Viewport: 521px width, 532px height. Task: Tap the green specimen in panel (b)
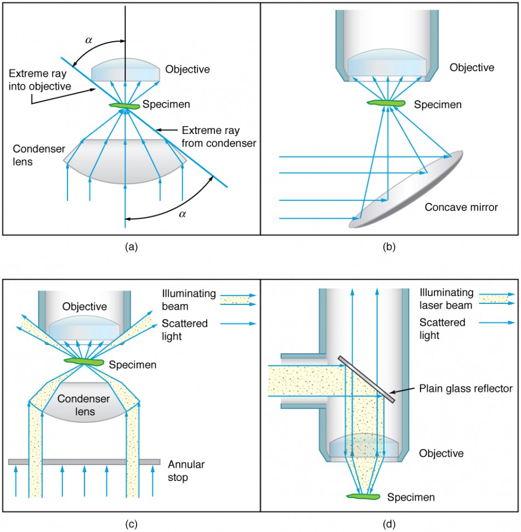[x=387, y=103]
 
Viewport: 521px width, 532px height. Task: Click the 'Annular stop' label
[x=186, y=471]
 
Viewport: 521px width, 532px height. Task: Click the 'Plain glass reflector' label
[x=466, y=388]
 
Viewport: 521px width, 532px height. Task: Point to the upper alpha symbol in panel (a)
[x=89, y=39]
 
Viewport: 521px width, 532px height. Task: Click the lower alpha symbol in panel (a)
[x=182, y=214]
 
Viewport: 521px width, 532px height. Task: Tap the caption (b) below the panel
[x=389, y=246]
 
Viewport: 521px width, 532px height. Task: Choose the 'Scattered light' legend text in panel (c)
[x=185, y=330]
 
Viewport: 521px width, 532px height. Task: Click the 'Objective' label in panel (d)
[x=441, y=453]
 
